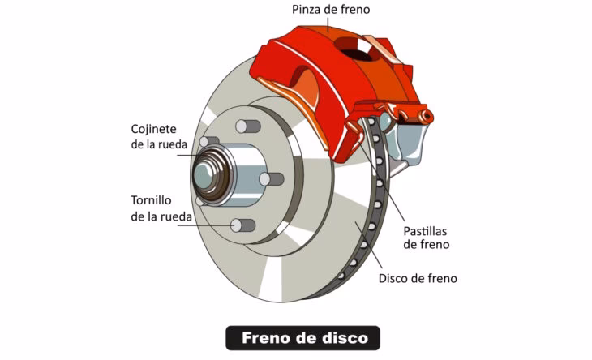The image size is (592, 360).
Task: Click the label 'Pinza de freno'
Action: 331,9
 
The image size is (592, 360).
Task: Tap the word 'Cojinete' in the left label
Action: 153,129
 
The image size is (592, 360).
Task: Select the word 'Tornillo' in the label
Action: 151,200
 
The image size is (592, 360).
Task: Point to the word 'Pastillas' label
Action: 425,231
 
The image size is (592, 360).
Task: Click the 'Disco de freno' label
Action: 418,278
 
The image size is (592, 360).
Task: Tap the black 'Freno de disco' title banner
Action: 302,338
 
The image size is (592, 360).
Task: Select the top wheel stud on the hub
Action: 247,126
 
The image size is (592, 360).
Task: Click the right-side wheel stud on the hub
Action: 271,179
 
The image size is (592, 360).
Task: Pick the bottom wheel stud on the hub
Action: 242,225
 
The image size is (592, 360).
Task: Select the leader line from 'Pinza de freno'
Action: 328,24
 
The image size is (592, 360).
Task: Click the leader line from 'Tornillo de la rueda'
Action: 205,225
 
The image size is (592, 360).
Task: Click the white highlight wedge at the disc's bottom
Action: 271,278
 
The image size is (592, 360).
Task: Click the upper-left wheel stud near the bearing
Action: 208,142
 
